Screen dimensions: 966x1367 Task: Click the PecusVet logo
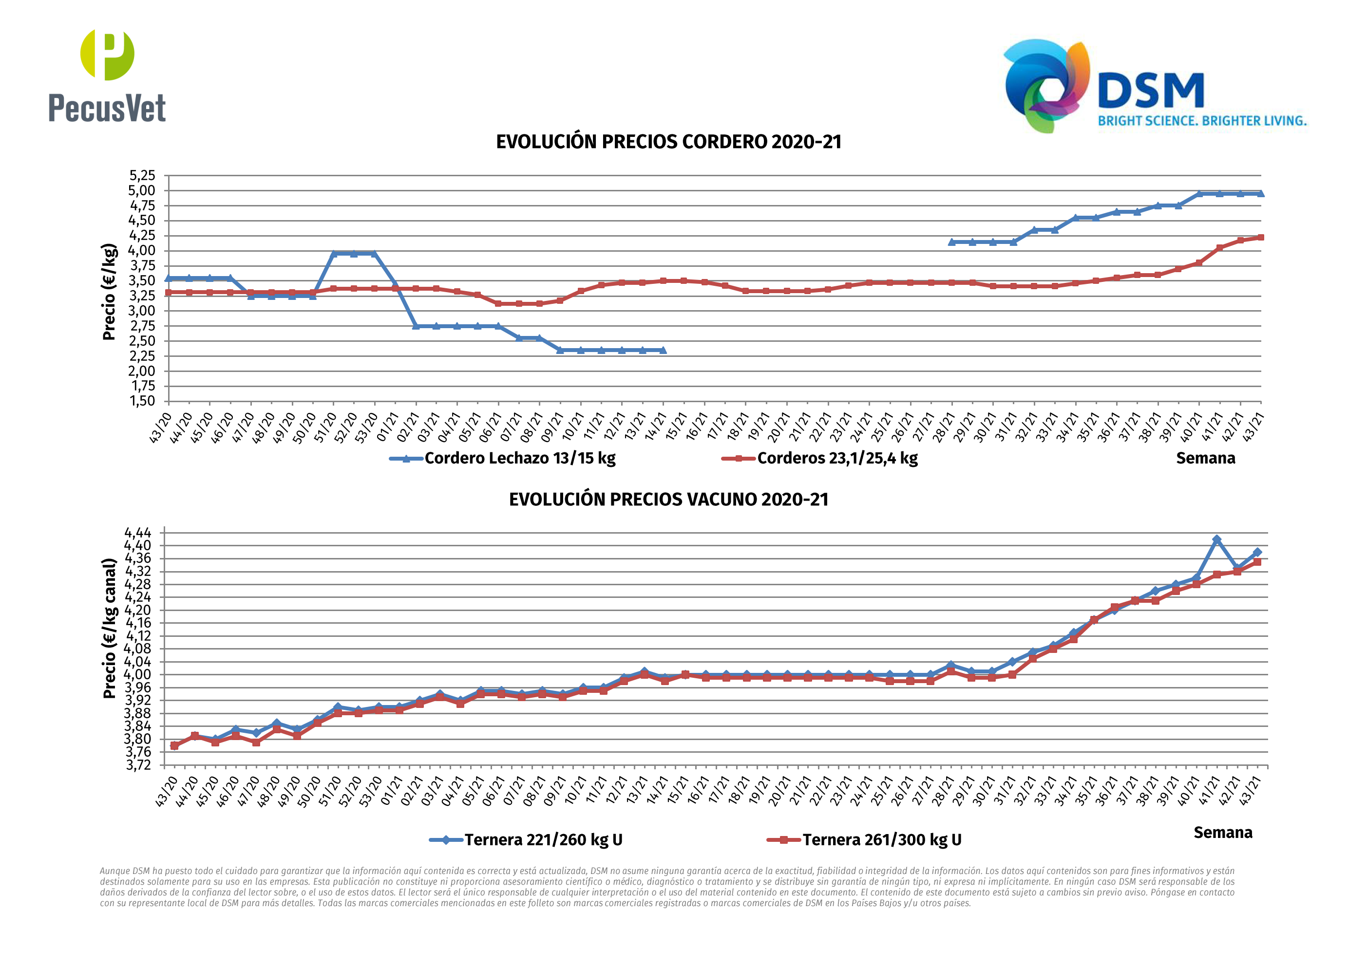(107, 75)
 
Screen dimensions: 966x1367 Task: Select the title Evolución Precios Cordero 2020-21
(668, 142)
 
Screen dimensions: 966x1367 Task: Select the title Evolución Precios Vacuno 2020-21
(668, 500)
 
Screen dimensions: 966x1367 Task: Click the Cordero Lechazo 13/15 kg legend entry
(519, 458)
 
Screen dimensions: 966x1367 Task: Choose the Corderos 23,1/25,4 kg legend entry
(836, 458)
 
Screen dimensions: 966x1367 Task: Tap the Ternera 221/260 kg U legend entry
(543, 840)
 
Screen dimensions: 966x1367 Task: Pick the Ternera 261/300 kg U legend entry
(881, 840)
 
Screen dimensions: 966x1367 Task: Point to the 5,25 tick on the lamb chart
(142, 176)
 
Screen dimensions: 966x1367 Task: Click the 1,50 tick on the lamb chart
(142, 401)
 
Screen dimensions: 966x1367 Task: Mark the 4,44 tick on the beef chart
(137, 532)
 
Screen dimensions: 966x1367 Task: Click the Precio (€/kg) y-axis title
(109, 292)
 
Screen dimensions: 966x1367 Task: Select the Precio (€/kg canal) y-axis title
(109, 629)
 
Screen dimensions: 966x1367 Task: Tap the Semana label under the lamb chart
(1205, 458)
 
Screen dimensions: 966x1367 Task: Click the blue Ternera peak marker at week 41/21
(1216, 540)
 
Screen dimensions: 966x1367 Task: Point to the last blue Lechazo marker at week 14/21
(663, 351)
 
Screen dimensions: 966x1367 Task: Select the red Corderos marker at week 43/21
(1260, 238)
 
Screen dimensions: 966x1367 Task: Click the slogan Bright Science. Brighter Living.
(1202, 121)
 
